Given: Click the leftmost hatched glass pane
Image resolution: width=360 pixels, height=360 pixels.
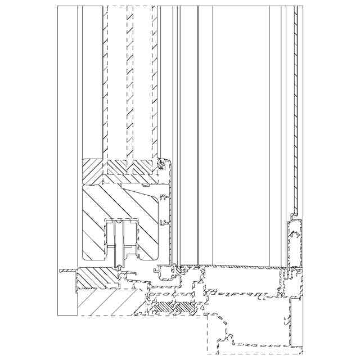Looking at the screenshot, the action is point(105,84).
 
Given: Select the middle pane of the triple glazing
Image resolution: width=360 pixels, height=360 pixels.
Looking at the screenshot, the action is point(129,84).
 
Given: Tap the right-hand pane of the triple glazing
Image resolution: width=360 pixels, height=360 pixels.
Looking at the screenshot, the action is point(154,84).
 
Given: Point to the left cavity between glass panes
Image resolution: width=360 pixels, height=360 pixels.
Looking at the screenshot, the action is point(117,84).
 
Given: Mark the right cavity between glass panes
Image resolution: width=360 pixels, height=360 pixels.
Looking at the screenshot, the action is point(141,84).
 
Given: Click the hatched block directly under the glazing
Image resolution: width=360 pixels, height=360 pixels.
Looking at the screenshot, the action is point(128,168).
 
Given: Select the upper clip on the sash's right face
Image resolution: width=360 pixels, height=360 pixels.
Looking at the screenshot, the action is point(164,198).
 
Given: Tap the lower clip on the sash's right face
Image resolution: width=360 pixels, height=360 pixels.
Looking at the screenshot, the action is point(164,222).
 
